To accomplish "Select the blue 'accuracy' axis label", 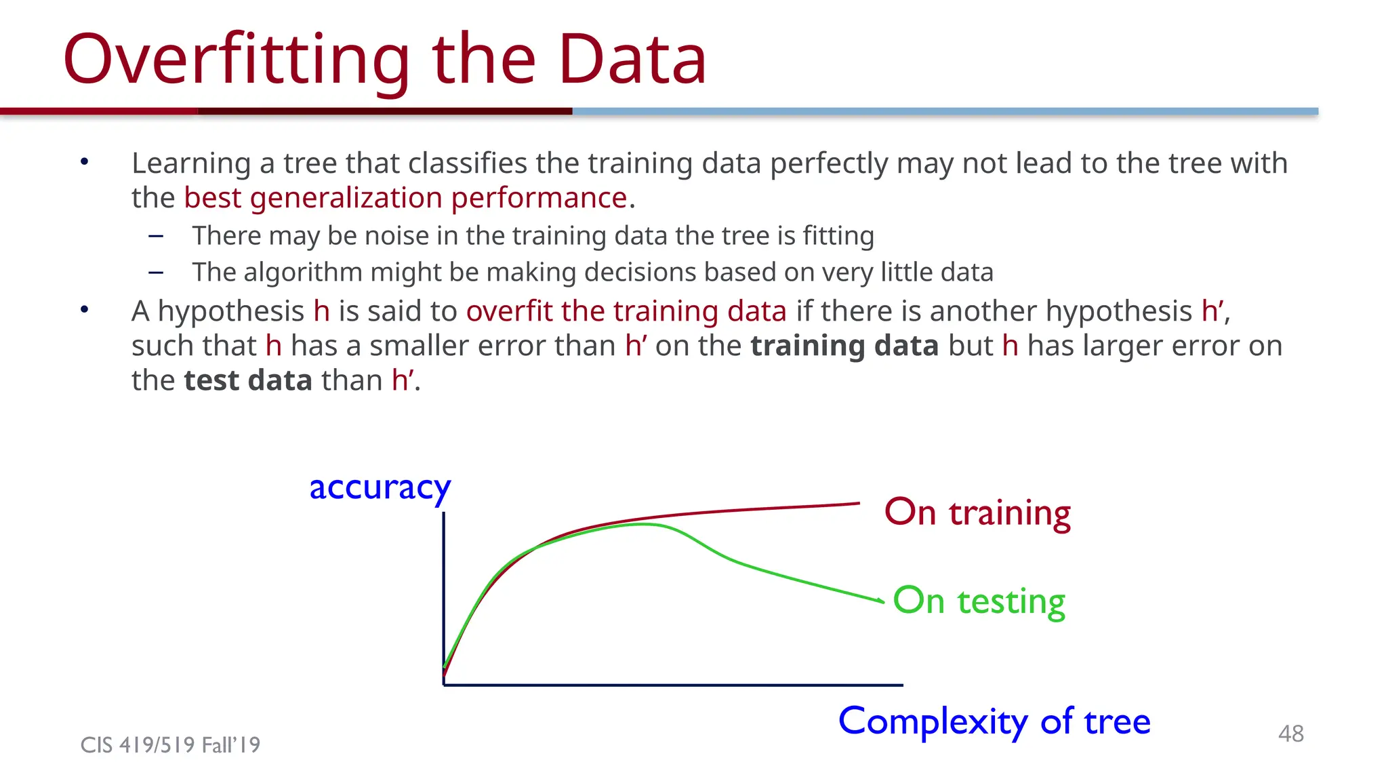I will [380, 487].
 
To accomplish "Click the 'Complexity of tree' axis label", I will [994, 721].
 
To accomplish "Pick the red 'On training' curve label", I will [977, 513].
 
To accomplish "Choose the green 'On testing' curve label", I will [979, 601].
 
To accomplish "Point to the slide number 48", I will [1290, 733].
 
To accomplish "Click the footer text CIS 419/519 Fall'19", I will [170, 744].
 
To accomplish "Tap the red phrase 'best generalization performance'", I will [405, 198].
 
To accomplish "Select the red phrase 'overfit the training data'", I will [626, 311].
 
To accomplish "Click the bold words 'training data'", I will [844, 346].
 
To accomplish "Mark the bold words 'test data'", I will [248, 380].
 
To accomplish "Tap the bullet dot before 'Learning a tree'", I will [84, 161].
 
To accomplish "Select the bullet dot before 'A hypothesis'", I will [84, 310].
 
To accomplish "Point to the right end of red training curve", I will [857, 504].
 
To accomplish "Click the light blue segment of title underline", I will [945, 111].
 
